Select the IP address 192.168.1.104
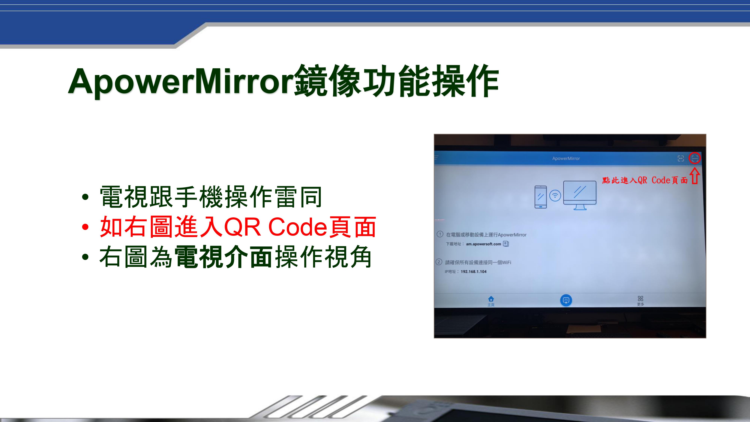[x=474, y=271]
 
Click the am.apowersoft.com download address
[x=483, y=244]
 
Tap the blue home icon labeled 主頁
[x=491, y=299]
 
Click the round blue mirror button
[x=566, y=300]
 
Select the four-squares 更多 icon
[x=640, y=299]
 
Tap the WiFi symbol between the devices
[x=555, y=195]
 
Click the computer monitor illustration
[x=580, y=195]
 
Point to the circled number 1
[x=440, y=234]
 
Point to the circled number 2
[x=439, y=262]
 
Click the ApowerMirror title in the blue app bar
[x=566, y=158]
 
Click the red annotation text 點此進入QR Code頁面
[x=645, y=180]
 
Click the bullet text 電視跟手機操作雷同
[x=211, y=197]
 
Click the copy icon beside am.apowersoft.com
[x=506, y=244]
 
